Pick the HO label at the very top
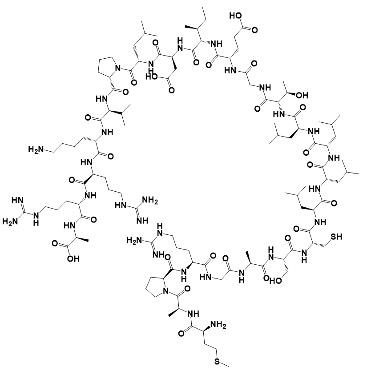(236, 17)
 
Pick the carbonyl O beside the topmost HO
(254, 30)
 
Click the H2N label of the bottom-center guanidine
(135, 240)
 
